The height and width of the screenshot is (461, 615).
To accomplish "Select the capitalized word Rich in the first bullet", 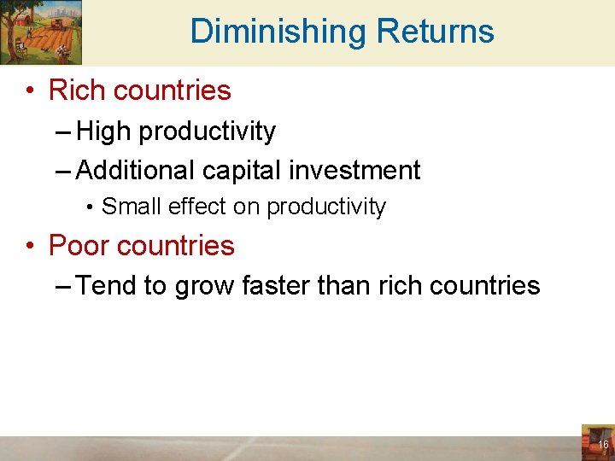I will point(77,90).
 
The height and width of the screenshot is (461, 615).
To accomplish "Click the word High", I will point(104,131).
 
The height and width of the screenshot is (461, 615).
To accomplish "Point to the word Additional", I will point(136,170).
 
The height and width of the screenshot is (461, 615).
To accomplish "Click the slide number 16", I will point(603,445).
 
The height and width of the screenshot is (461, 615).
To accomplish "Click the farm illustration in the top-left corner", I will point(41,32).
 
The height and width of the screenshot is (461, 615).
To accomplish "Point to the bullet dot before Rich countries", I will point(31,90).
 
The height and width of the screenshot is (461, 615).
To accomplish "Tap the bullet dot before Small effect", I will point(90,207).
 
